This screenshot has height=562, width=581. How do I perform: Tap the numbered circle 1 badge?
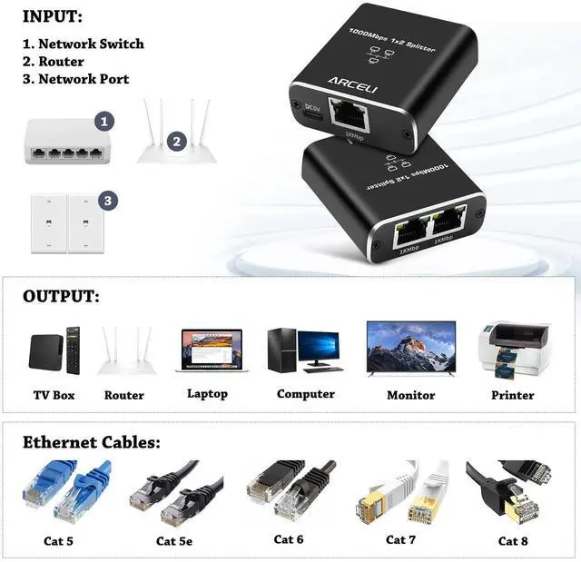coord(105,120)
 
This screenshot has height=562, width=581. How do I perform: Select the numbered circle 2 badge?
coord(176,142)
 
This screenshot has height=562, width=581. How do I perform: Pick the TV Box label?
coord(53,395)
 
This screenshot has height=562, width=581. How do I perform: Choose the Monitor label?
coord(410,395)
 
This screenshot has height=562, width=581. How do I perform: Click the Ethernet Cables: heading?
coord(92,443)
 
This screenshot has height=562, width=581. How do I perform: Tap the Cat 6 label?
coord(289,539)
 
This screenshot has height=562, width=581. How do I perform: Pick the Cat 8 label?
coord(513,540)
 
